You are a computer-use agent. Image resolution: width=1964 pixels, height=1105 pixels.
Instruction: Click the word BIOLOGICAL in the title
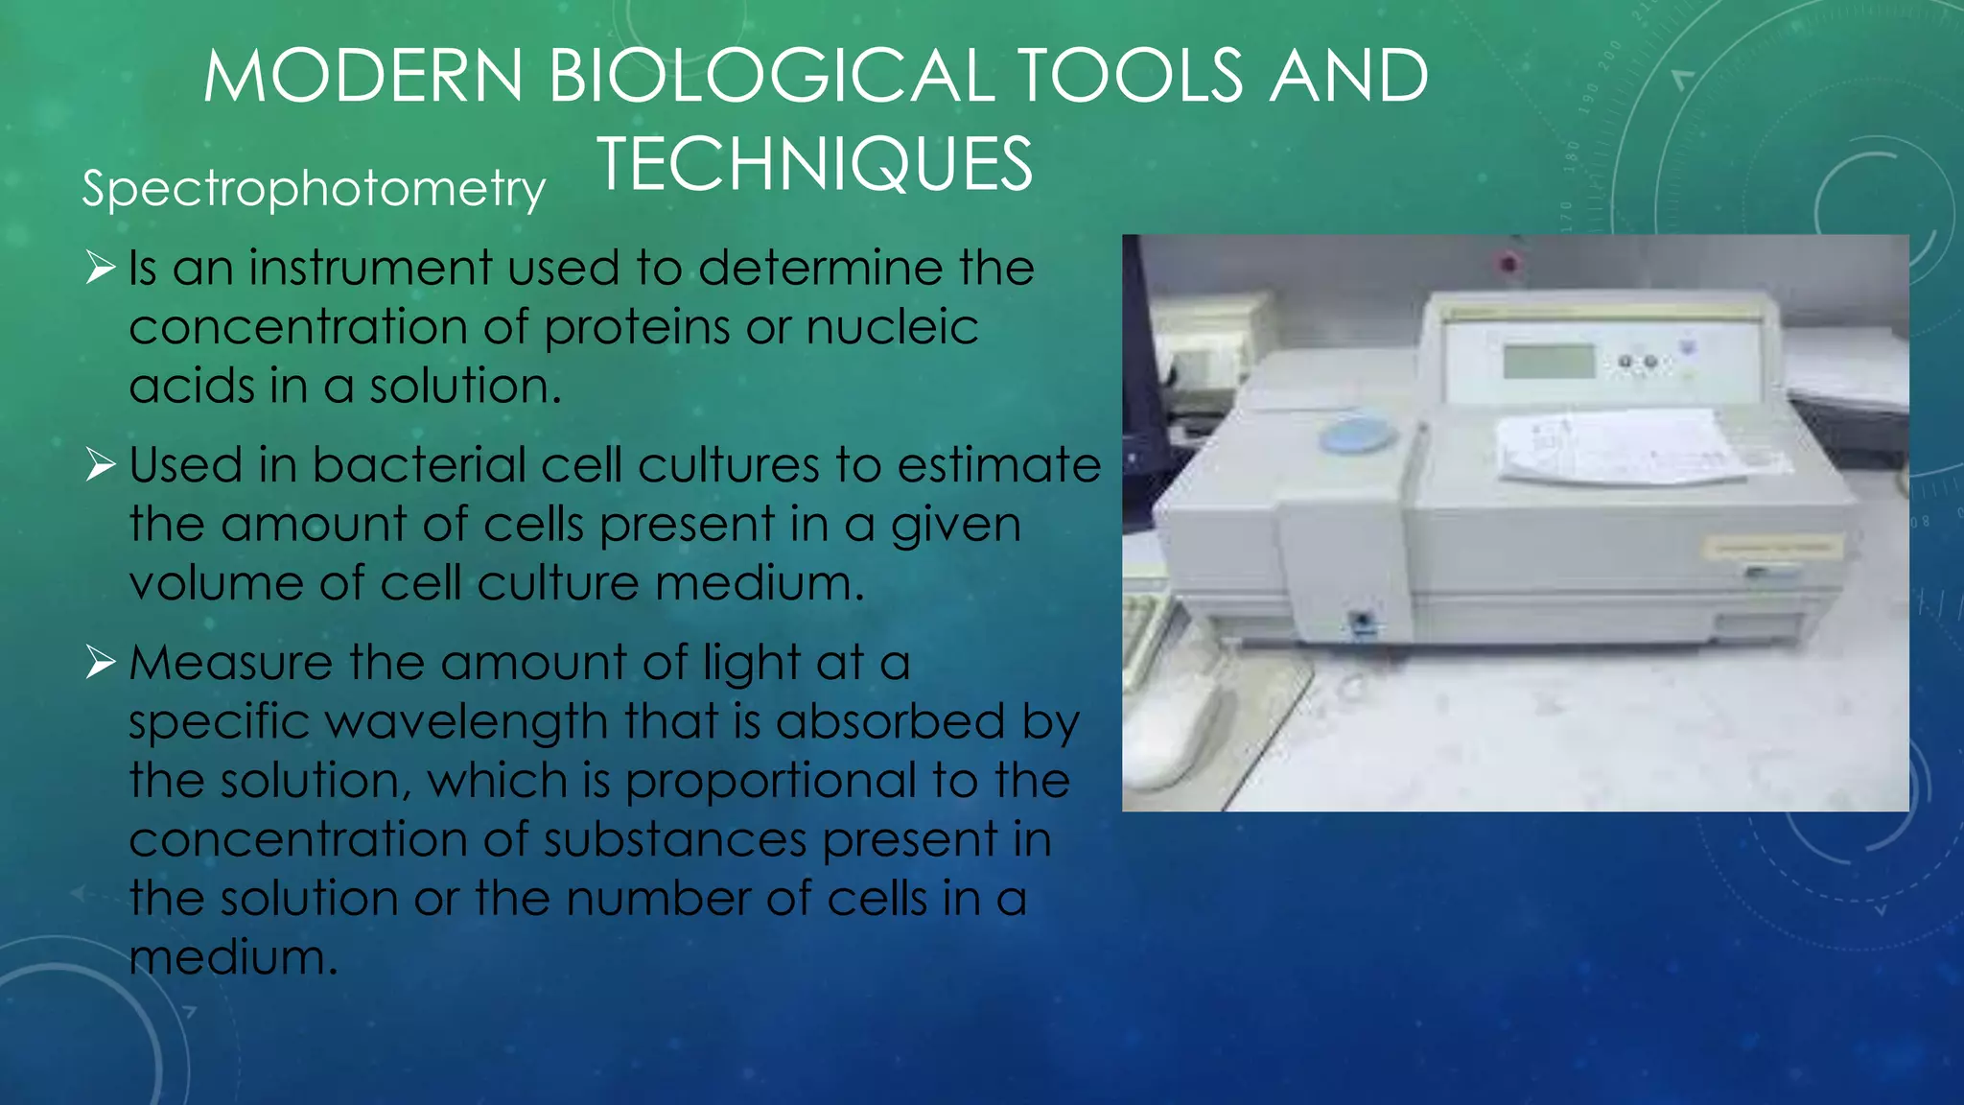[x=771, y=77]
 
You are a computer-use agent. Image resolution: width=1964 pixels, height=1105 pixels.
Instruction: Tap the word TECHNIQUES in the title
[x=815, y=165]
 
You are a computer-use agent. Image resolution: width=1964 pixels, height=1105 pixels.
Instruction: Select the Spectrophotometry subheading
[x=314, y=188]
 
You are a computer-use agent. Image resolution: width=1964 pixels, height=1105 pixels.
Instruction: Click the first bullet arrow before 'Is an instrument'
[x=100, y=268]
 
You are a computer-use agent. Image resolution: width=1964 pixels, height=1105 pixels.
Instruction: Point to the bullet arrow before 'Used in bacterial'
[x=100, y=465]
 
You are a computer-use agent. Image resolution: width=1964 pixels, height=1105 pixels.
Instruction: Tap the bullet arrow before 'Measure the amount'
[x=100, y=663]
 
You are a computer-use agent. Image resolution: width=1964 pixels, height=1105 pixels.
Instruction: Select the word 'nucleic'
[x=892, y=328]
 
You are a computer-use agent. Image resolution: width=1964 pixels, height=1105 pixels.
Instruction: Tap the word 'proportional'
[x=770, y=782]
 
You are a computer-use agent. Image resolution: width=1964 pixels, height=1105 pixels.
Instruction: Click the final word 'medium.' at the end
[x=233, y=957]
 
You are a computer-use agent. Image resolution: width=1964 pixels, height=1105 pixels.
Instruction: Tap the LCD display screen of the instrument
[x=1548, y=363]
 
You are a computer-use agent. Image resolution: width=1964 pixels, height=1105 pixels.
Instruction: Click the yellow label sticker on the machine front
[x=1772, y=548]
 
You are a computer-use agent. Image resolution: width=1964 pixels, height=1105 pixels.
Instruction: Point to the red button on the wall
[x=1508, y=262]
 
